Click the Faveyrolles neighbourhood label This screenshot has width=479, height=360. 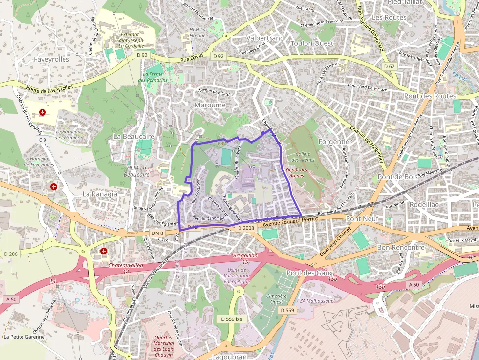pyautogui.click(x=52, y=59)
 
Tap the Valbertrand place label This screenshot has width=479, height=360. pyautogui.click(x=265, y=38)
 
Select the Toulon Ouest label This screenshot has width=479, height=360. pyautogui.click(x=312, y=43)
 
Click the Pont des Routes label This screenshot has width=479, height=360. pyautogui.click(x=430, y=96)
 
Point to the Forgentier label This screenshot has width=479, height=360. pyautogui.click(x=335, y=141)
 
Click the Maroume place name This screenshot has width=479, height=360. pyautogui.click(x=210, y=105)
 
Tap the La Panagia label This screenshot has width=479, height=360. pyautogui.click(x=100, y=194)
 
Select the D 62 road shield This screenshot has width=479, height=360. pyautogui.click(x=389, y=66)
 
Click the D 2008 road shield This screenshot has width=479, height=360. pyautogui.click(x=246, y=228)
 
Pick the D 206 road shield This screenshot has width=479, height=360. pyautogui.click(x=11, y=254)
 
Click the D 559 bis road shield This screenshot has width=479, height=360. pyautogui.click(x=232, y=319)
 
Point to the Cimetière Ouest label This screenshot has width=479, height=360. pyautogui.click(x=277, y=298)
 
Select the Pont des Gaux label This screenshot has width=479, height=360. pyautogui.click(x=310, y=273)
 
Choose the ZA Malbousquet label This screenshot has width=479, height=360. pyautogui.click(x=317, y=301)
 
